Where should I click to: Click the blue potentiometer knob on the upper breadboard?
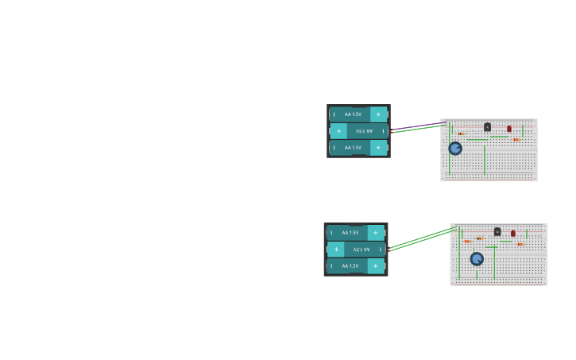coord(455,148)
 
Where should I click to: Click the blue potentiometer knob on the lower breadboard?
coord(477,258)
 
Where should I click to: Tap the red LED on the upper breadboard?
coord(509,129)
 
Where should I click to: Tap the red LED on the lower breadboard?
coord(513,234)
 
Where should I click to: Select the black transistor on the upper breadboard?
coord(487,127)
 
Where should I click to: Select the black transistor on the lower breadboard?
coord(497,232)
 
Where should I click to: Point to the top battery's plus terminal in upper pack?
coord(378,114)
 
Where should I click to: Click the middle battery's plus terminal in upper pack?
coord(339,131)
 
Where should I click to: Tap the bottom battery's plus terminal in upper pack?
coord(378,148)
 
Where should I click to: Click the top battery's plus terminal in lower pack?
coord(375,233)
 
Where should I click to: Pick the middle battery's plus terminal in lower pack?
coord(336,250)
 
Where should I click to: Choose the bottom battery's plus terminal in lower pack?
coord(375,266)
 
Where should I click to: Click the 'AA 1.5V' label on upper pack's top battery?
coord(353,114)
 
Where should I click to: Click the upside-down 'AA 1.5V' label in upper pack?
coord(364,131)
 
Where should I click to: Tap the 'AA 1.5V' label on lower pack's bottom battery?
coord(350,266)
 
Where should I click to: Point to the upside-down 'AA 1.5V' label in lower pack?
coord(361,250)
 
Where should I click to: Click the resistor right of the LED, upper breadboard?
coord(516,140)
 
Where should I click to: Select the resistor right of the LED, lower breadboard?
coord(521,245)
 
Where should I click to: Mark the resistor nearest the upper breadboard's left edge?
coord(461,134)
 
